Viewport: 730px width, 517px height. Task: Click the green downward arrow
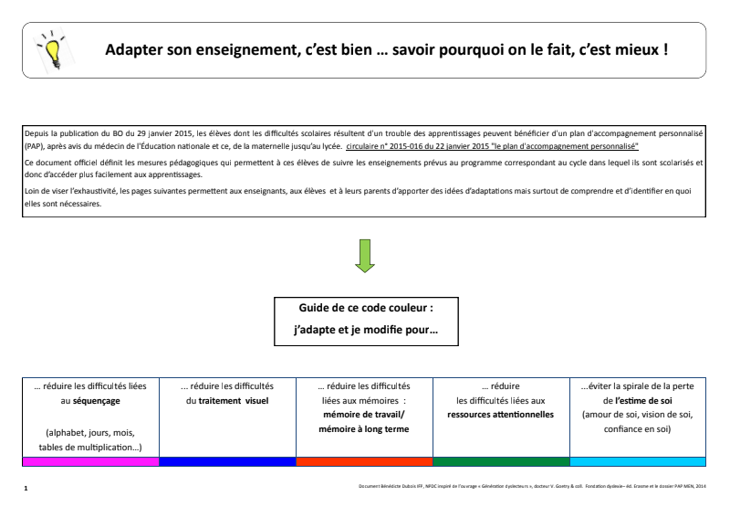pyautogui.click(x=365, y=256)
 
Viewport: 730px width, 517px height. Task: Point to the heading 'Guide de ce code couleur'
pyautogui.click(x=365, y=309)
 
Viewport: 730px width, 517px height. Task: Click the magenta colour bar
pyautogui.click(x=91, y=461)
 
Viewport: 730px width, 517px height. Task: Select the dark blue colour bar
pyautogui.click(x=228, y=461)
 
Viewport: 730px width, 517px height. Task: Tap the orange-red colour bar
pyautogui.click(x=365, y=461)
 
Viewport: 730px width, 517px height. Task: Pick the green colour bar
pyautogui.click(x=501, y=461)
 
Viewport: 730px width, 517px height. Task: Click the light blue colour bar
pyautogui.click(x=638, y=461)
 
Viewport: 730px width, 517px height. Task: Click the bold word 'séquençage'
pyautogui.click(x=98, y=400)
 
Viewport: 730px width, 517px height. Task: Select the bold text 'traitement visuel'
pyautogui.click(x=234, y=400)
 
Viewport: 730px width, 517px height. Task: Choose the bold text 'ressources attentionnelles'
pyautogui.click(x=500, y=414)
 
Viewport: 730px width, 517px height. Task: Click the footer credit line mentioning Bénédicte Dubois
pyautogui.click(x=533, y=485)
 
